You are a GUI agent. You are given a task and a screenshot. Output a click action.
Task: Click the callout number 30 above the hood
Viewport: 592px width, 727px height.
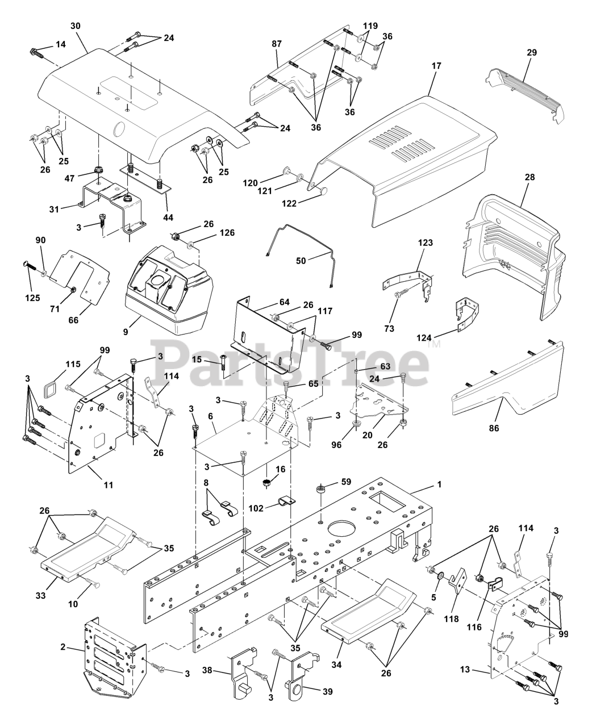coord(76,26)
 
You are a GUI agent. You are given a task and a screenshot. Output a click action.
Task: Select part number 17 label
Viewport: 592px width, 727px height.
coord(436,66)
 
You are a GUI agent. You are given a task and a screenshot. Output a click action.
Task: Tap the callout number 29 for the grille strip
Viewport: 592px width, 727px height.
coord(532,52)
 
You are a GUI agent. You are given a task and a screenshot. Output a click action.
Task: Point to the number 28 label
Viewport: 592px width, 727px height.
coord(530,177)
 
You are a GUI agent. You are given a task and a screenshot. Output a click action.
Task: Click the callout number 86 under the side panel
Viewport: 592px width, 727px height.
coord(494,428)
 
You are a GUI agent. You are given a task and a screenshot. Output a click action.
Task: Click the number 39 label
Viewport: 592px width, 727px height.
coord(328,691)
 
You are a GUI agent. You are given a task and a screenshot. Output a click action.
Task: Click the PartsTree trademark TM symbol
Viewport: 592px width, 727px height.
coord(434,344)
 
